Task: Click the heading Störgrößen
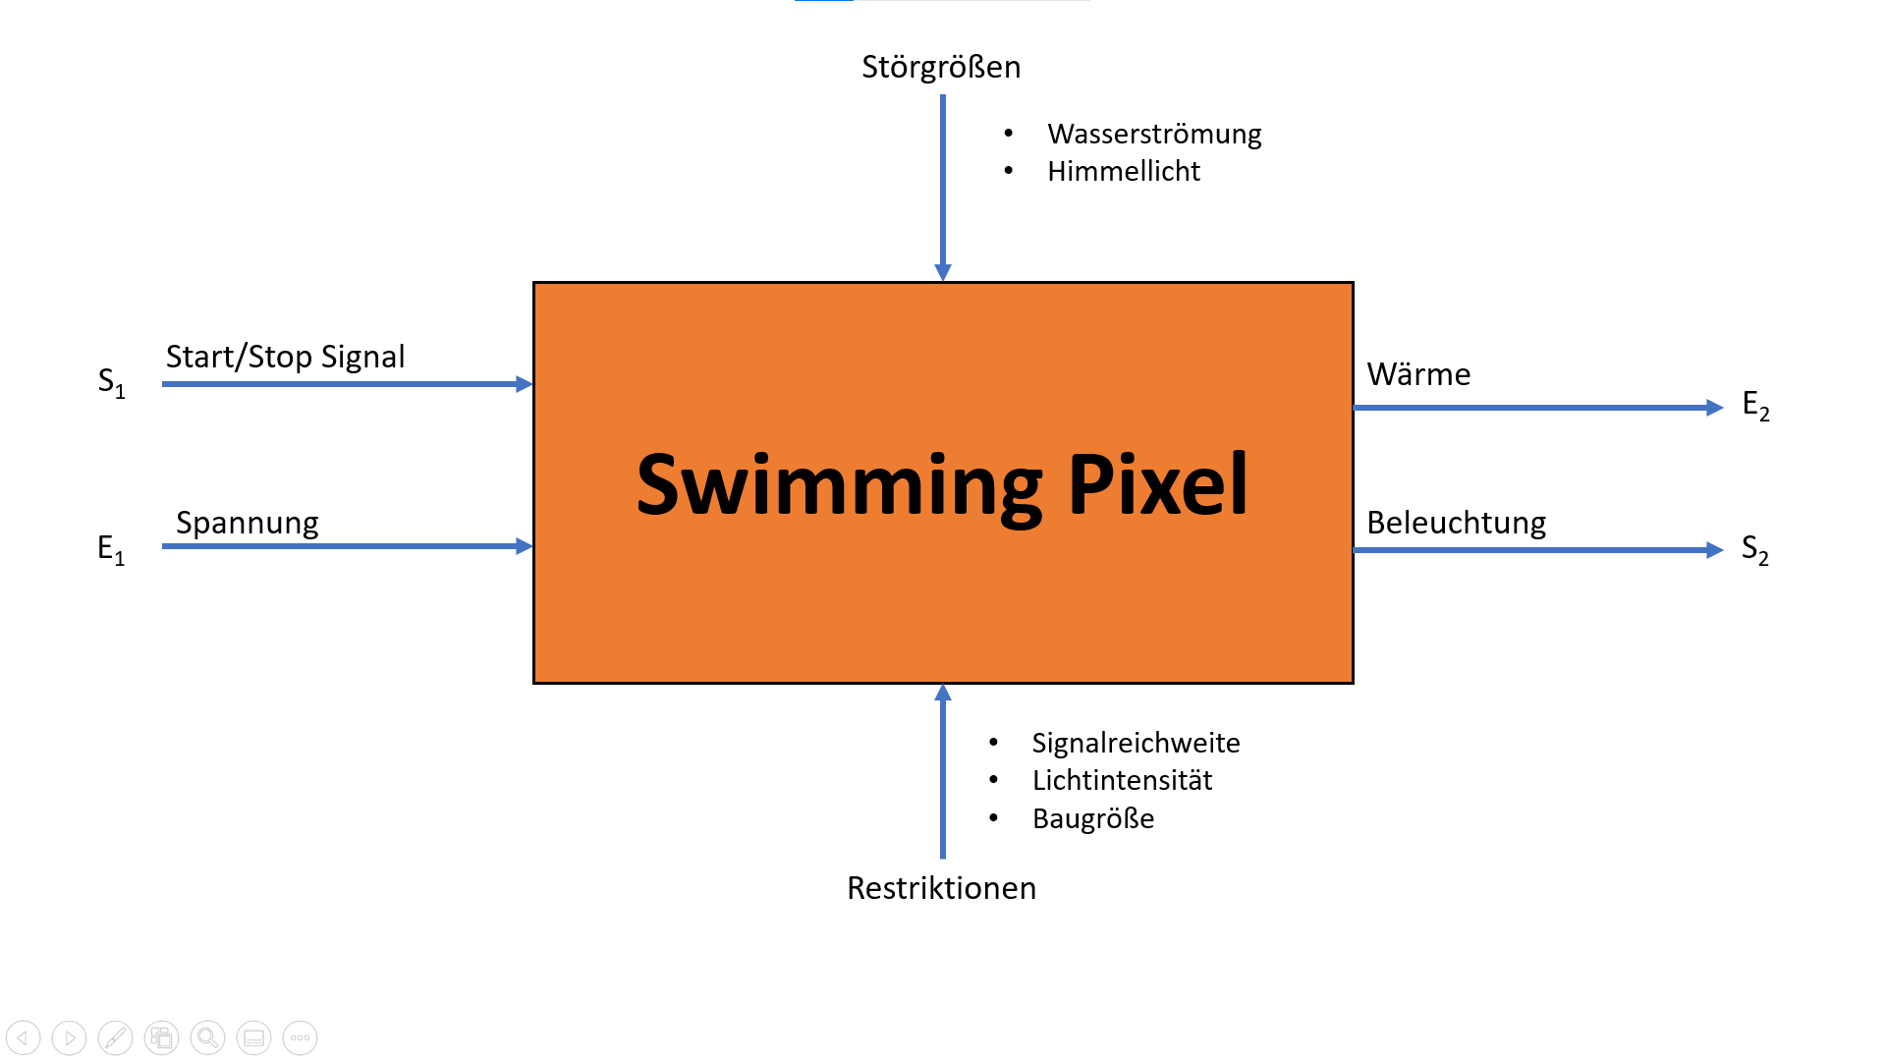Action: [941, 67]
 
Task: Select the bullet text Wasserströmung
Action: [1154, 134]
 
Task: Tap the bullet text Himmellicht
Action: [1124, 171]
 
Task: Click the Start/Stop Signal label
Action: [285, 357]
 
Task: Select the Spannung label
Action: [248, 523]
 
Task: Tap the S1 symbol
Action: [111, 382]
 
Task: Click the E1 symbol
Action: [111, 549]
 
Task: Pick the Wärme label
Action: [1418, 374]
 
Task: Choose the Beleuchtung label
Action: [1456, 523]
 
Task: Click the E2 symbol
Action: [1755, 405]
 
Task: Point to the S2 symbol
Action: [1755, 549]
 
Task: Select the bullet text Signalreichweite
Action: [1136, 743]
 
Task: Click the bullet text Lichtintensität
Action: [1122, 780]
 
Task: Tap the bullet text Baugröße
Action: [1093, 818]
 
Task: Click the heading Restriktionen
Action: [941, 888]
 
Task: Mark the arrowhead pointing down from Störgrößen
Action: [943, 272]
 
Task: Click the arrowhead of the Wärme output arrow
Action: [1715, 408]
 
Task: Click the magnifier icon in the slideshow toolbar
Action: [207, 1037]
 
